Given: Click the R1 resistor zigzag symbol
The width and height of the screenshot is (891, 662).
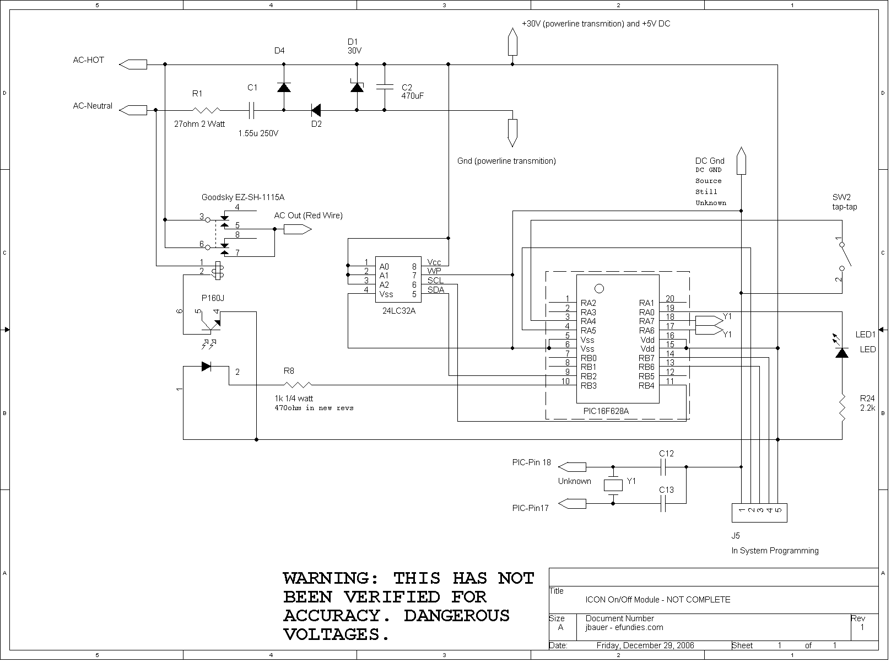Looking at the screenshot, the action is coord(206,110).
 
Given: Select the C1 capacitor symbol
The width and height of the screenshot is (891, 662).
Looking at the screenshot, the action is coord(251,110).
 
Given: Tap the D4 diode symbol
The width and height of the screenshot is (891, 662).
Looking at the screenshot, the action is coord(284,87).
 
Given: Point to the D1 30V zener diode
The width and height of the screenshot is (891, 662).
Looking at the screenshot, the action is coord(357,87).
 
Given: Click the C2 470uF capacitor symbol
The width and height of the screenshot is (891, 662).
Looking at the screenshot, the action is coord(385,87).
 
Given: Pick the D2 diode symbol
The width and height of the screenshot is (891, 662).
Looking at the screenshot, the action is coord(316,110).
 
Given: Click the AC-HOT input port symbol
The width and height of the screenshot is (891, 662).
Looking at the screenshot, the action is coord(133,64).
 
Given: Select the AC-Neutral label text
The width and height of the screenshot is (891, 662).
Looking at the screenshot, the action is coord(93,106).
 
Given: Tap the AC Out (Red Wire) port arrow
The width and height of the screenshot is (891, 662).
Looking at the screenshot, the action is coord(298,229).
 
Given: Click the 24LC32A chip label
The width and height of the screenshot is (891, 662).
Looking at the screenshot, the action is coord(399,311).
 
